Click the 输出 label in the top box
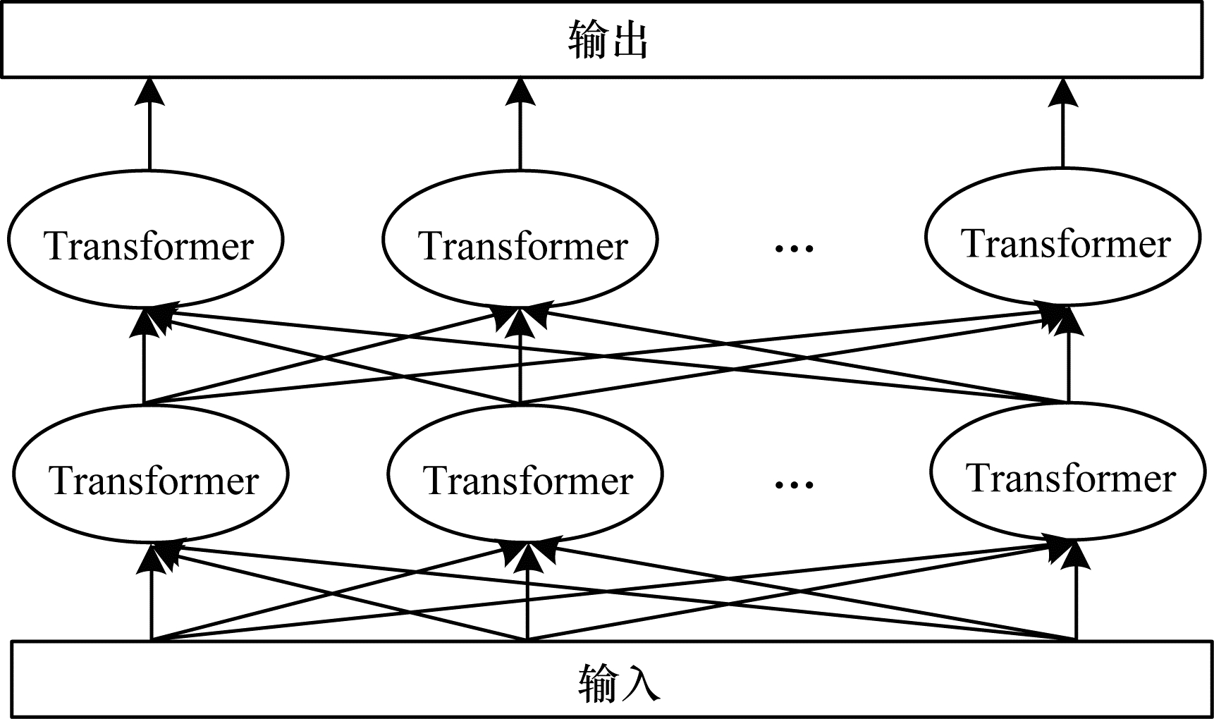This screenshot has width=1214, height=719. pyautogui.click(x=608, y=40)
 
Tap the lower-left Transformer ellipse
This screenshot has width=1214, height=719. pyautogui.click(x=150, y=474)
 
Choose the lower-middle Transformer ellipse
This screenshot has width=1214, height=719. pyautogui.click(x=525, y=474)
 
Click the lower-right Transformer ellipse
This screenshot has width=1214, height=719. pyautogui.click(x=1068, y=472)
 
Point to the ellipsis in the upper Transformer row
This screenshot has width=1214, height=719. pyautogui.click(x=794, y=247)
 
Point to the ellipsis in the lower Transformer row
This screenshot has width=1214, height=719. pyautogui.click(x=794, y=484)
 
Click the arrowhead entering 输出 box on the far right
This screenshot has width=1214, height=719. pyautogui.click(x=1063, y=92)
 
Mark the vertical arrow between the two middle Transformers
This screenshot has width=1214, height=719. pyautogui.click(x=520, y=367)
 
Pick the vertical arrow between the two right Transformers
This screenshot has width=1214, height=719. pyautogui.click(x=1069, y=367)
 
